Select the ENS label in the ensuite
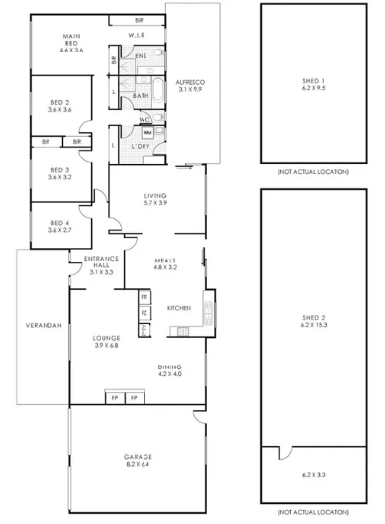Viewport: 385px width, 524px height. [x=142, y=56]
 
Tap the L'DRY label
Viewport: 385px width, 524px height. [x=142, y=148]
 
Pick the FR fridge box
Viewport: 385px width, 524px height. [x=144, y=297]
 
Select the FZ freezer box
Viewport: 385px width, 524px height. [x=144, y=313]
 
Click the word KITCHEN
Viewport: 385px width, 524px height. [x=178, y=307]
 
